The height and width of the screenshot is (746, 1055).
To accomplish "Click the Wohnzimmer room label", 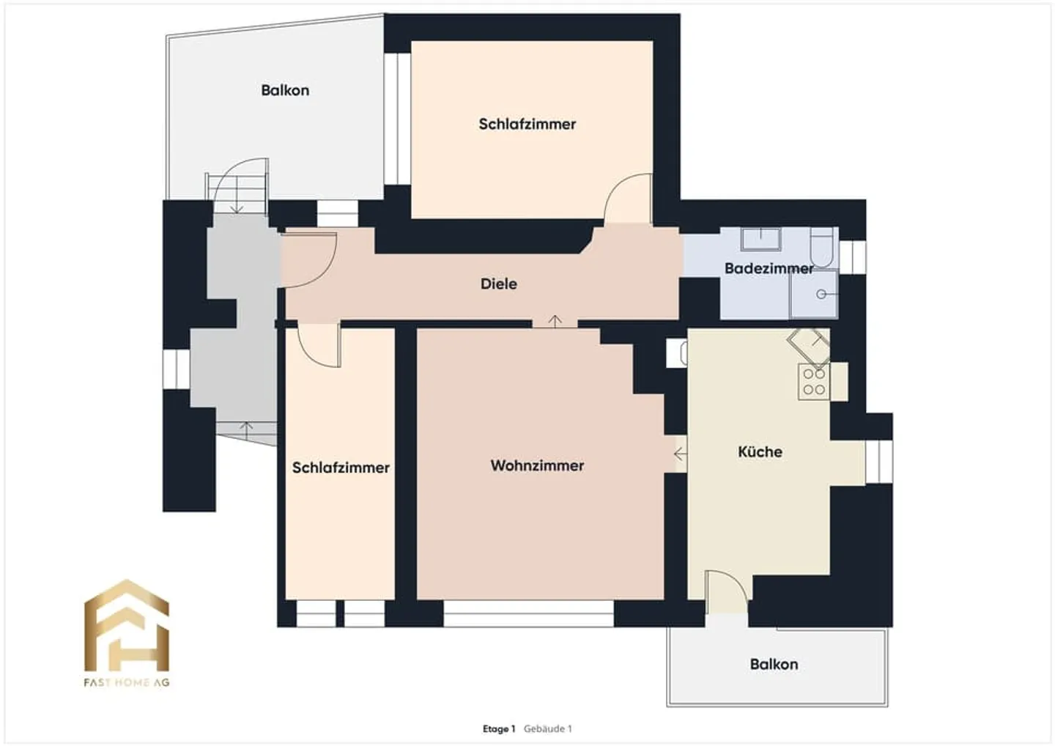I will [537, 465].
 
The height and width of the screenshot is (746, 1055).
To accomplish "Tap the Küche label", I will [760, 451].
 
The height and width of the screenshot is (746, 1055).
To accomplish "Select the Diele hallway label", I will [498, 284].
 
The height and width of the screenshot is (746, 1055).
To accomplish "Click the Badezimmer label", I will [769, 268].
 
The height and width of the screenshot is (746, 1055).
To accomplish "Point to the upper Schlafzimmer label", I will [527, 124].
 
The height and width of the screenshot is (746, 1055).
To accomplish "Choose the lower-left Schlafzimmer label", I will [341, 468].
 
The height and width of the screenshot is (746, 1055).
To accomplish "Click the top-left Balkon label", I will [285, 90].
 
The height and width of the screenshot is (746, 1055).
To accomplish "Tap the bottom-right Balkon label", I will [774, 664].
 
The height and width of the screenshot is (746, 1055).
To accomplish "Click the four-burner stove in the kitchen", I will [813, 382].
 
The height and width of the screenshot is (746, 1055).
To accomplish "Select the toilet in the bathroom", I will [822, 248].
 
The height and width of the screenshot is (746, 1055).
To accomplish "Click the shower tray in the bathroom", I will [813, 295].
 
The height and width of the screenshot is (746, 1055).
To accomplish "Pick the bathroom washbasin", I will [760, 239].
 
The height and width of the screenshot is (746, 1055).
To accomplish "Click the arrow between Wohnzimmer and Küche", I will [680, 454].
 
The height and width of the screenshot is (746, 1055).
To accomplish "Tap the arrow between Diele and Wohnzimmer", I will [555, 321].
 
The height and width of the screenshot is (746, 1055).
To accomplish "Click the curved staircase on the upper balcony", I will [238, 188].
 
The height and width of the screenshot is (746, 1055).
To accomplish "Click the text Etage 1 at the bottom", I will [498, 728].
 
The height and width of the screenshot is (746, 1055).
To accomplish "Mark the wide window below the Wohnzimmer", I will [528, 615].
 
